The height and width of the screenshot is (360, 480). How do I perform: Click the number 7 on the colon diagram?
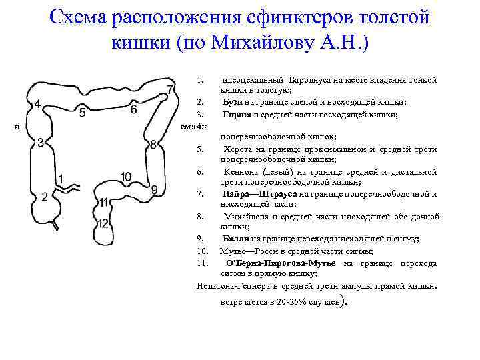pos(170,90)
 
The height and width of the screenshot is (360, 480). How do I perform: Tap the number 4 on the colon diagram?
pos(37,104)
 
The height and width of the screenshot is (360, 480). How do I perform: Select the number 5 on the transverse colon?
pos(82,113)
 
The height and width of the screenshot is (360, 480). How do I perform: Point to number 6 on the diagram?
pos(133,109)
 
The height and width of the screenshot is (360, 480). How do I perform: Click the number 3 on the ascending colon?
pos(41,143)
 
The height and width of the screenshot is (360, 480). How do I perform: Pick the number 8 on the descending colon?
pos(153,145)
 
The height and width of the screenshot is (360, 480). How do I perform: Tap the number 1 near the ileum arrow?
pos(61,179)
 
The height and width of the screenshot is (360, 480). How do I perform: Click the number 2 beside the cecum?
pos(45,196)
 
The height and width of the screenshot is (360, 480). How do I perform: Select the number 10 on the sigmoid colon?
pos(126,177)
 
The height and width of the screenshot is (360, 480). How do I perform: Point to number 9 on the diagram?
pos(155,189)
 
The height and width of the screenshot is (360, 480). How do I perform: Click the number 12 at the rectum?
pos(103,223)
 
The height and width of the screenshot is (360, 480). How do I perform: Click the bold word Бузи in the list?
pos(233,102)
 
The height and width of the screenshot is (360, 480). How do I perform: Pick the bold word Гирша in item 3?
pos(236,114)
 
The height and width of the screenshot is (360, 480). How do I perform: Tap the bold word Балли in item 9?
pos(236,238)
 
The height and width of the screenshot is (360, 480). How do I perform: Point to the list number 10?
pos(203,251)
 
